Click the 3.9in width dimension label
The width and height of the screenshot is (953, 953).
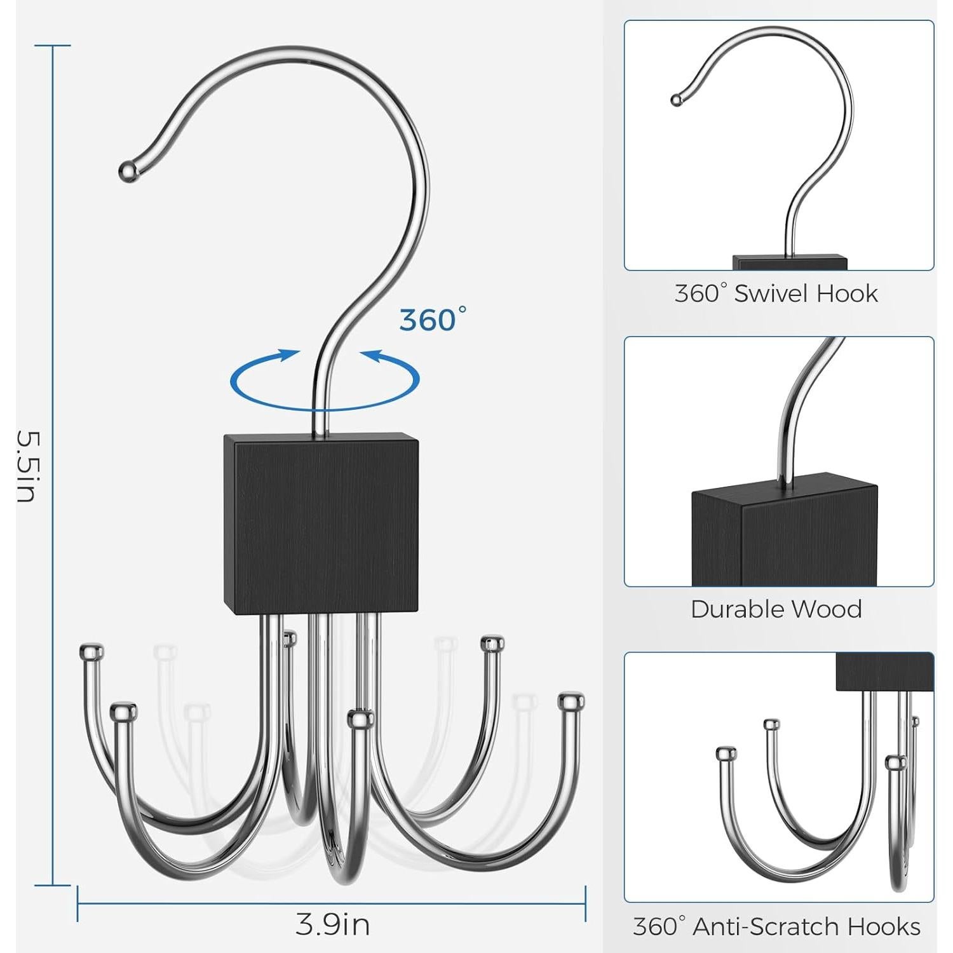click(x=333, y=924)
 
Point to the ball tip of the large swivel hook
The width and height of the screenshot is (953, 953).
click(x=128, y=171)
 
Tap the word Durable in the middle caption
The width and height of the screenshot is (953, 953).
click(x=733, y=609)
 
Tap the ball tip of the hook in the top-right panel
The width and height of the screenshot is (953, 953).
click(x=675, y=99)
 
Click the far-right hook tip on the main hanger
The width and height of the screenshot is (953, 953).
click(x=571, y=701)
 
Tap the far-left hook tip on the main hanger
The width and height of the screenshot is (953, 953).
click(x=91, y=652)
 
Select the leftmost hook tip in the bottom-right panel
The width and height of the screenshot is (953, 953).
click(x=726, y=754)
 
